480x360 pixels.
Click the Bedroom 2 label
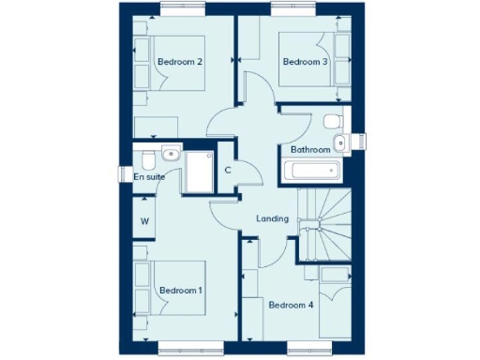click(x=180, y=62)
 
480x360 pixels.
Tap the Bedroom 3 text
click(x=306, y=62)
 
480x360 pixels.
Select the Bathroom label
click(x=309, y=149)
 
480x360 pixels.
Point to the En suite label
click(x=148, y=176)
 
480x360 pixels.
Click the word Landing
click(x=272, y=219)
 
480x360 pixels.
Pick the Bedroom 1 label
click(x=180, y=291)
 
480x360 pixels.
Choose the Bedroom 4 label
click(x=291, y=305)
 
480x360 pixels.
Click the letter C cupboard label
click(x=228, y=170)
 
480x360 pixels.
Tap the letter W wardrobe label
click(x=144, y=221)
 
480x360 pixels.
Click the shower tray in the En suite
click(x=200, y=171)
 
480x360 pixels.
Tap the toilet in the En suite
click(x=170, y=154)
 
